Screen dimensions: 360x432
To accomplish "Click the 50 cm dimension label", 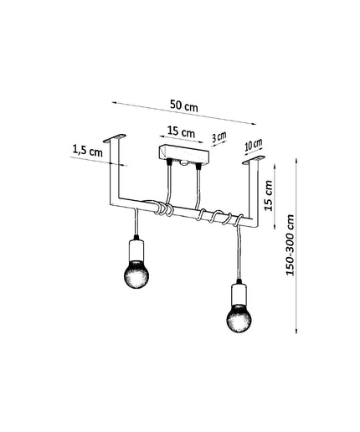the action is pos(184,105).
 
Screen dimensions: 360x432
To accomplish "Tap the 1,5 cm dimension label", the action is pos(87,151).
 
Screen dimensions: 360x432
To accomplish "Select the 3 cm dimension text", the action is pos(219,137).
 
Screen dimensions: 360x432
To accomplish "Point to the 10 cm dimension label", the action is pos(254,146).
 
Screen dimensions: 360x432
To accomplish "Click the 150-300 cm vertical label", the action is pos(291,245).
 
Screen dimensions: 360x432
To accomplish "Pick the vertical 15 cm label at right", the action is pos(269,196).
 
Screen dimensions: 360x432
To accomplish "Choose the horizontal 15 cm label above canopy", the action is pos(181,131).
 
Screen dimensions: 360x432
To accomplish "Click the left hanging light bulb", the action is pos(136,275).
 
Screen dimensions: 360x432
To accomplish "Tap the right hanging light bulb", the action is pos(239,317).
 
